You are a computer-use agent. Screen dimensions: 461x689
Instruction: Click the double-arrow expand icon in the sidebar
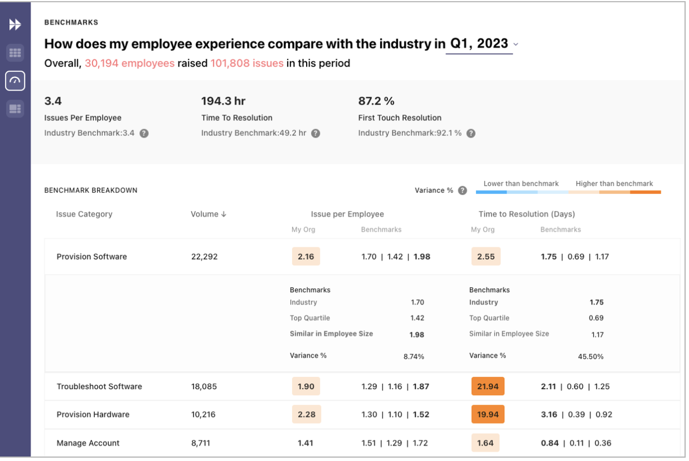click(15, 25)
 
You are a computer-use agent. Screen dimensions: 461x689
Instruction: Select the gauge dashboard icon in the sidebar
click(15, 81)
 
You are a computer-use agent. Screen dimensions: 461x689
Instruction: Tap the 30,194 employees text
click(129, 63)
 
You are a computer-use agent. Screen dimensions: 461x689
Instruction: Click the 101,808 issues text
click(247, 63)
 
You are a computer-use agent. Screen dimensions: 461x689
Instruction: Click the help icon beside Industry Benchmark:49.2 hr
click(315, 134)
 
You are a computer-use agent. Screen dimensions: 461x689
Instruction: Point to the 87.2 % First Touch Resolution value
click(376, 101)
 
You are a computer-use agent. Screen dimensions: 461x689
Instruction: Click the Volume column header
click(208, 214)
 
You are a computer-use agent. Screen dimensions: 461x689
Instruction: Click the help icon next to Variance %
click(462, 190)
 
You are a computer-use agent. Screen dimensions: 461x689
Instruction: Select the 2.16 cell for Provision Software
click(305, 256)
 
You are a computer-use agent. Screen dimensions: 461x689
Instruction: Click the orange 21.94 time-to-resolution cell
click(487, 386)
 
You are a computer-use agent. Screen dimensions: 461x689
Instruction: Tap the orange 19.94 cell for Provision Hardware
click(487, 415)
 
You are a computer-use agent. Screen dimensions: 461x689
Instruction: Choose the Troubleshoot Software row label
click(99, 386)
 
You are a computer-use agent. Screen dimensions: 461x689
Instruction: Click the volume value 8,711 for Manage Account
click(203, 443)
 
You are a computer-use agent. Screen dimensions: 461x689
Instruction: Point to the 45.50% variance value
click(590, 357)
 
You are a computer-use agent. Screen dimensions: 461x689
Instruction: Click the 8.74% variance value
click(413, 357)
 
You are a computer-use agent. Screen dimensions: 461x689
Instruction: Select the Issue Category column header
click(84, 214)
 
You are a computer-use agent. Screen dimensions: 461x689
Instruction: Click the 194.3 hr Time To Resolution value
click(223, 101)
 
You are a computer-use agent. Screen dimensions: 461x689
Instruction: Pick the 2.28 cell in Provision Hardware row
click(305, 415)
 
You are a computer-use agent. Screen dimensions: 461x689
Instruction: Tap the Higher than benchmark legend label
click(614, 183)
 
